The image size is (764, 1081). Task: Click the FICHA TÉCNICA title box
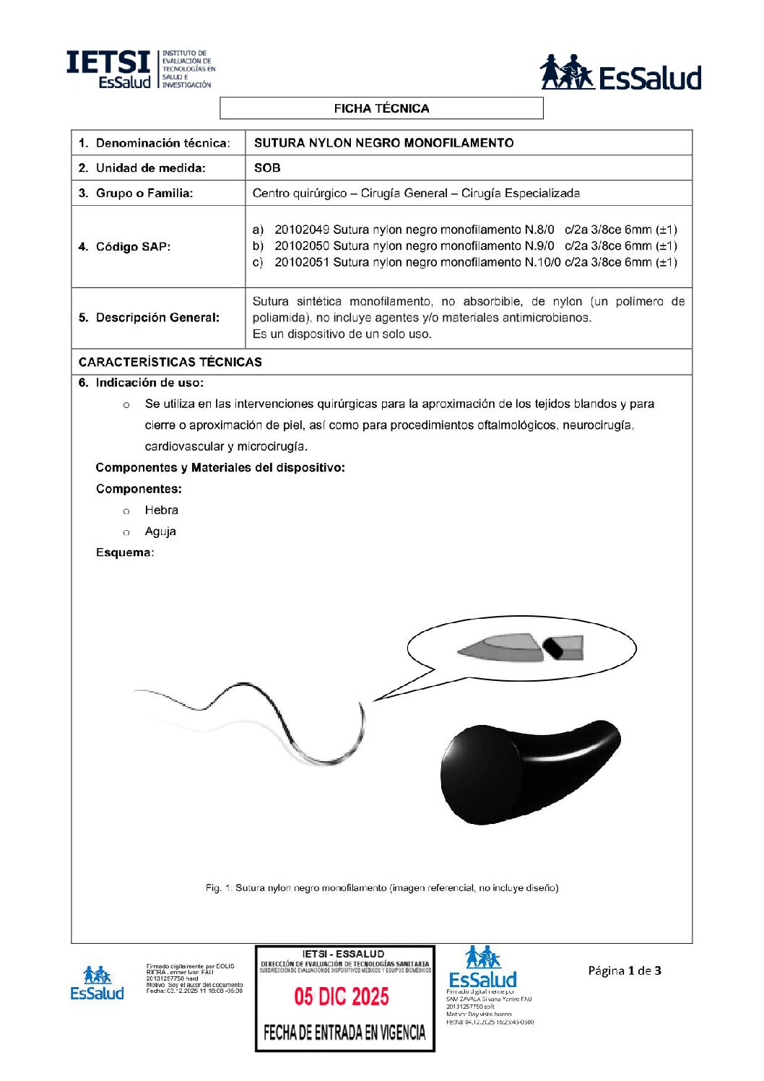tap(381, 108)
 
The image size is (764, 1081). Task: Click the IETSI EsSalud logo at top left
tap(140, 70)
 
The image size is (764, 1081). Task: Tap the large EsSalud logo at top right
tap(620, 73)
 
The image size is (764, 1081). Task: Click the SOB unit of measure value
tap(267, 168)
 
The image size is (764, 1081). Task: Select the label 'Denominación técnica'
tap(162, 143)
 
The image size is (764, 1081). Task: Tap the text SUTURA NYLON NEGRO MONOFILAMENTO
tap(383, 143)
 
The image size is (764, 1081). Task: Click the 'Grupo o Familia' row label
tap(144, 193)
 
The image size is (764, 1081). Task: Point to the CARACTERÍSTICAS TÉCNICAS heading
tap(170, 362)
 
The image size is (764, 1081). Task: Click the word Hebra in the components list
tap(161, 510)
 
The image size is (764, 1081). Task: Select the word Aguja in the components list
tap(160, 531)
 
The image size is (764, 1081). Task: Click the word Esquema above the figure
tap(124, 552)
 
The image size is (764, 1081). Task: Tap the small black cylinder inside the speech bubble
tap(554, 647)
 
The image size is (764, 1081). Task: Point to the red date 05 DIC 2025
tap(341, 997)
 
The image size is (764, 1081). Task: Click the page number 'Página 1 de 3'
tap(624, 971)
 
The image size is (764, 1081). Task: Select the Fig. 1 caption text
tap(381, 887)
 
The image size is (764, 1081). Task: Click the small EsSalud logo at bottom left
tap(97, 984)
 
